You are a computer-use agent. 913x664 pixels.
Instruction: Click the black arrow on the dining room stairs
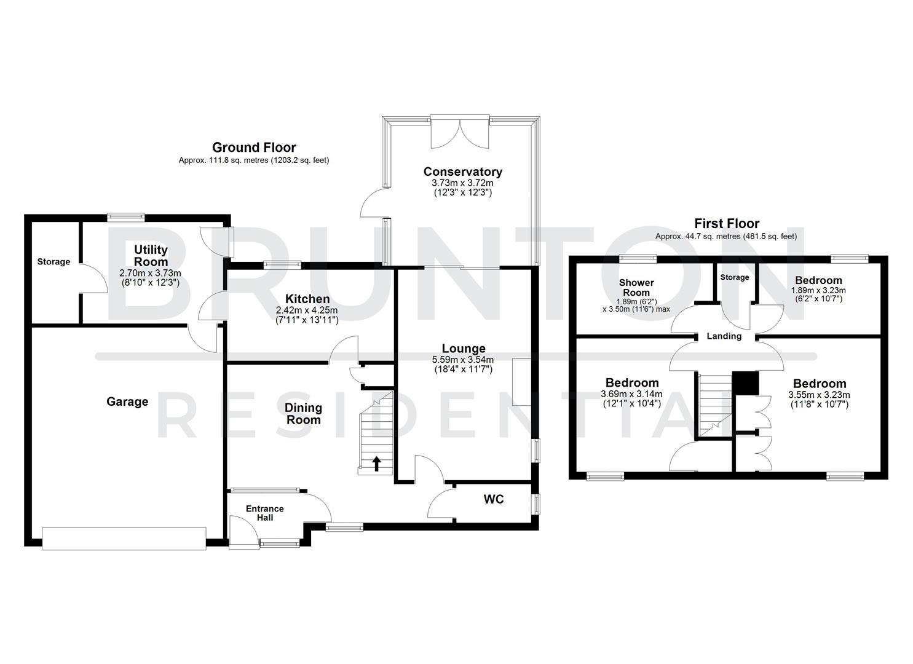(376, 464)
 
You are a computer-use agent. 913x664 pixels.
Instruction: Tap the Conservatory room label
(462, 172)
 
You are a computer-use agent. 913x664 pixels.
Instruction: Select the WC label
(493, 499)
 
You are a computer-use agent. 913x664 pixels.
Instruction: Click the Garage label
(127, 401)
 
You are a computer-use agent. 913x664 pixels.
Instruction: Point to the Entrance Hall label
(265, 513)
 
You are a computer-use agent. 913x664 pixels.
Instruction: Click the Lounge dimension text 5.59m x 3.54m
(463, 360)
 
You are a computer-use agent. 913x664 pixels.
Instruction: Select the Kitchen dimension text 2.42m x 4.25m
(307, 310)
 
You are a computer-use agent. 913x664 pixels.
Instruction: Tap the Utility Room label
(151, 255)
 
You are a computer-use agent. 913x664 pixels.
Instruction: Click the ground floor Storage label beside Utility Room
(53, 262)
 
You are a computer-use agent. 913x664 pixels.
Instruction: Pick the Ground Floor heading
(254, 148)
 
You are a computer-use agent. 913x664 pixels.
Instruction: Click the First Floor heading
(727, 224)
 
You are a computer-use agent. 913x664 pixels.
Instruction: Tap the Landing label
(724, 336)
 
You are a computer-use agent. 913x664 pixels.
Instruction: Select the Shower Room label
(636, 288)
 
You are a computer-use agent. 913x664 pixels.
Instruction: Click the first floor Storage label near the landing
(735, 277)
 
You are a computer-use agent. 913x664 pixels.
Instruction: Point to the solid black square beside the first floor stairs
(745, 383)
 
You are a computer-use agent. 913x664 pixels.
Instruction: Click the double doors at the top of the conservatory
(460, 132)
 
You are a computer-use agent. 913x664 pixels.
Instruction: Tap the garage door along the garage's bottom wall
(124, 538)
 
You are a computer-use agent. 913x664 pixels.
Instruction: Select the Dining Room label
(303, 414)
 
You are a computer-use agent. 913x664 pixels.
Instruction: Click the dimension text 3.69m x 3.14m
(632, 394)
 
